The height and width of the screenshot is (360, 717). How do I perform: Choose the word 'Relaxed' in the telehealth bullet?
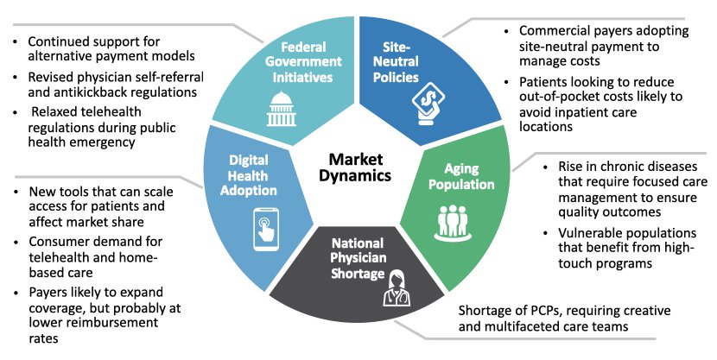pos(59,111)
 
